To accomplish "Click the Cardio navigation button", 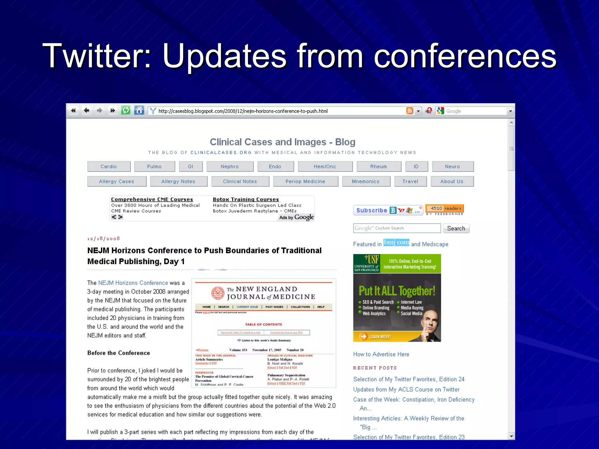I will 109,167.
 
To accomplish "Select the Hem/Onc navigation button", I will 325,167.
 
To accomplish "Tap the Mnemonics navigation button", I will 366,182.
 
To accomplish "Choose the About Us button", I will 452,182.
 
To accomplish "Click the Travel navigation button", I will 410,182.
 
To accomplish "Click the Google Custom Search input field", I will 397,228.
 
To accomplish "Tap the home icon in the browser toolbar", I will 139,111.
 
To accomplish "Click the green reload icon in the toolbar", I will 126,111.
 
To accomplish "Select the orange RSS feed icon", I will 410,111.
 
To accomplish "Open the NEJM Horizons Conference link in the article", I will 133,283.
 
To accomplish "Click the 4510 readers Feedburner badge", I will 445,208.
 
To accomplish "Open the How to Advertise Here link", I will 381,354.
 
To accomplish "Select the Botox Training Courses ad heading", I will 246,199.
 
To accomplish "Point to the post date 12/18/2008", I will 104,239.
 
